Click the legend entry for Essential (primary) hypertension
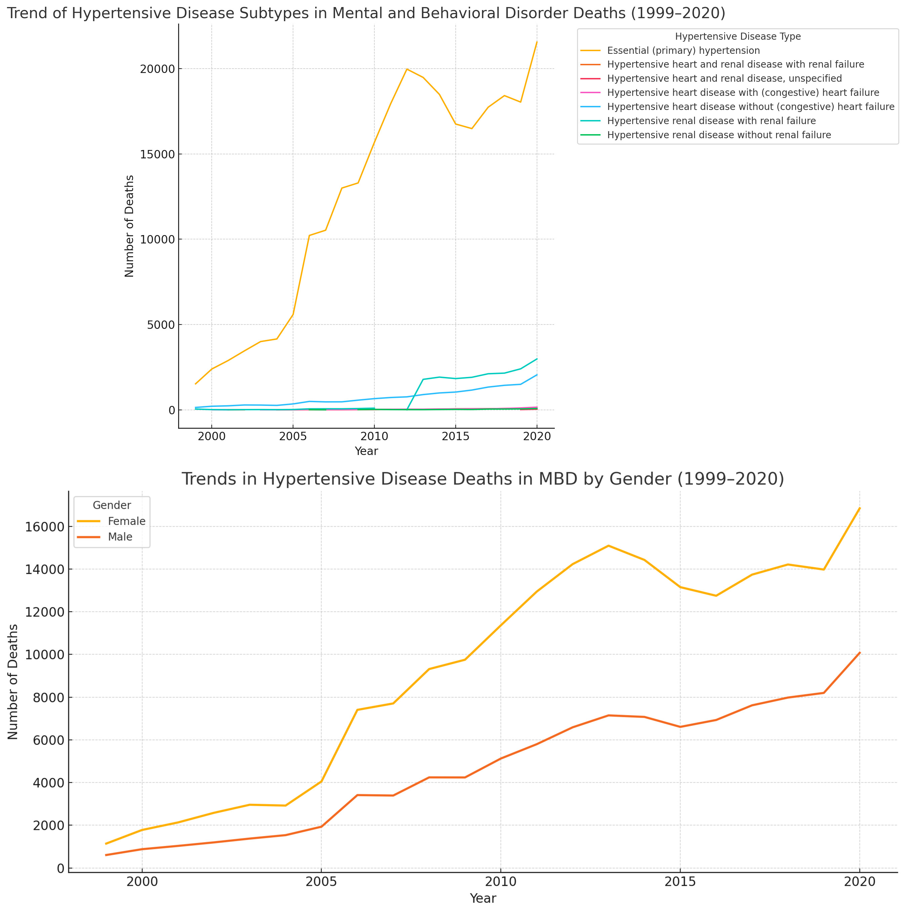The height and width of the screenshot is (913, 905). coord(683,50)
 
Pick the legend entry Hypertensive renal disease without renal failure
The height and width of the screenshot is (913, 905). coord(718,135)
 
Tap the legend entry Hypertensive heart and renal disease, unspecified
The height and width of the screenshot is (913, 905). coord(724,78)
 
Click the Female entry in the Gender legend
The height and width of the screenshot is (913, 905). coord(126,521)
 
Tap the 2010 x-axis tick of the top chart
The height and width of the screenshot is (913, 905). coord(374,436)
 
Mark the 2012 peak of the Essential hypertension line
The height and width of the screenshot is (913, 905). coord(407,69)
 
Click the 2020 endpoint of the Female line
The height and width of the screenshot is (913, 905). coord(860,508)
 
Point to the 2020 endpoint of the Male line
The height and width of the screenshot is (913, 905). coord(860,653)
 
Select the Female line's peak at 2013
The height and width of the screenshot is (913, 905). coord(608,546)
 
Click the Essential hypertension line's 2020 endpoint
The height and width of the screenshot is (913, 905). coord(537,42)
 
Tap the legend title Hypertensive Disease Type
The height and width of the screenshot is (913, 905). coord(737,36)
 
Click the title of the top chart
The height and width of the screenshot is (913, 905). coord(366,13)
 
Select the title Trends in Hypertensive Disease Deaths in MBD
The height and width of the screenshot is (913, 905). coord(482,479)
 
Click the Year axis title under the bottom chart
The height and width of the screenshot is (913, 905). coord(482,898)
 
